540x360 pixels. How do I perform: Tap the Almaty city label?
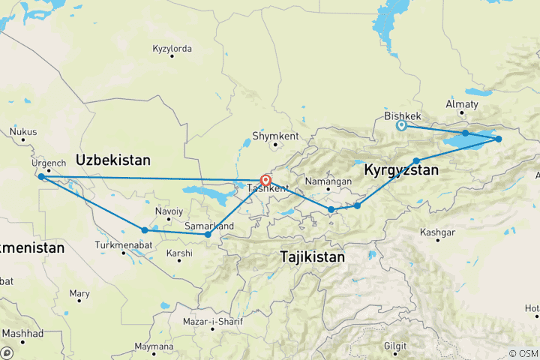tap(461, 103)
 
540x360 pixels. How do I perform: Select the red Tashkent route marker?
tap(265, 180)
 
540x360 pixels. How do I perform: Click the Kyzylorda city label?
tap(172, 49)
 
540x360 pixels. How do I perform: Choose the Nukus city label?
tap(23, 132)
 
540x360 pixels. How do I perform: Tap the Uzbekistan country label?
tap(113, 160)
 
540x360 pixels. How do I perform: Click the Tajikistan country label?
tap(313, 256)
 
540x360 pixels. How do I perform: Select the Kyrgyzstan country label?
tap(401, 171)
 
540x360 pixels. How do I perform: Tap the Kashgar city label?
tap(439, 232)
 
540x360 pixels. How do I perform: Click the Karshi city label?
tap(180, 253)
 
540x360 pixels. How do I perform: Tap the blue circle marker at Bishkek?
tap(401, 126)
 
